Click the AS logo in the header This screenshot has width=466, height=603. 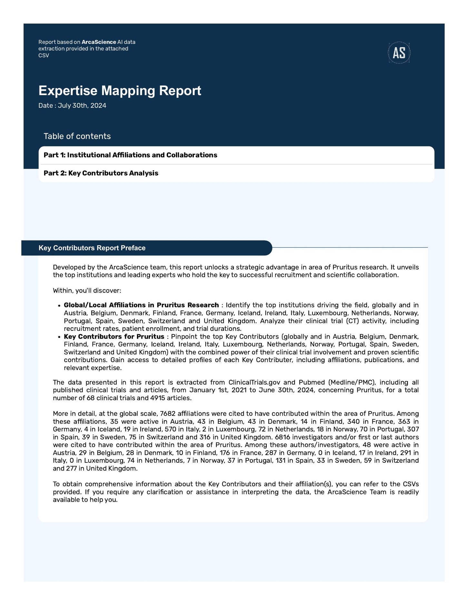tap(399, 53)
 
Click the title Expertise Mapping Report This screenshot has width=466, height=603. tap(120, 91)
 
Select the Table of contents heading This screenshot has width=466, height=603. tap(77, 136)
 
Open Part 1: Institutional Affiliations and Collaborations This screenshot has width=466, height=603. tap(130, 155)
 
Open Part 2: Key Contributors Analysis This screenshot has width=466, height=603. tap(101, 173)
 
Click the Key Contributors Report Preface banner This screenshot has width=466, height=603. tap(92, 248)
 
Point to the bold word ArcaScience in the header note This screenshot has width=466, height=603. tap(99, 42)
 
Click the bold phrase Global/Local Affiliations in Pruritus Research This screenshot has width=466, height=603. tap(141, 305)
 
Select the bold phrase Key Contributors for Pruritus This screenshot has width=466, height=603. tap(114, 337)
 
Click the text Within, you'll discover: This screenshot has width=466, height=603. tap(87, 291)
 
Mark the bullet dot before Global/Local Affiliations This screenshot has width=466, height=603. tap(59, 306)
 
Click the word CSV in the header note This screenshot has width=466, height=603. tap(44, 55)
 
